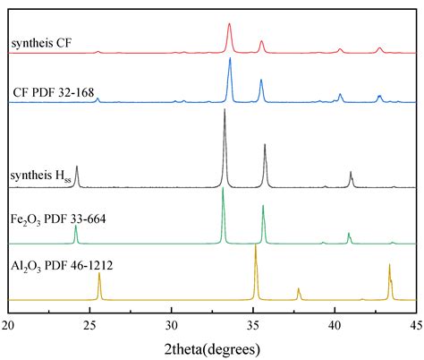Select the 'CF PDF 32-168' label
pyautogui.click(x=54, y=91)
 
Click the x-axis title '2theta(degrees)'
pyautogui.click(x=212, y=347)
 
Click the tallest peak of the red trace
pyautogui.click(x=230, y=25)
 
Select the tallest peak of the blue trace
pyautogui.click(x=230, y=59)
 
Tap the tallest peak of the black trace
pyautogui.click(x=225, y=110)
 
